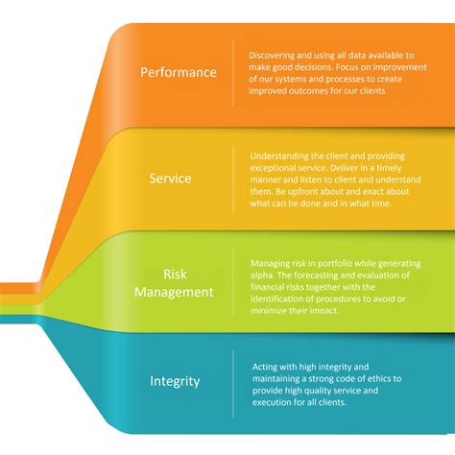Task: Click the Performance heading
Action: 179,72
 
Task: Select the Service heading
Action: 170,179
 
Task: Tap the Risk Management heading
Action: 174,283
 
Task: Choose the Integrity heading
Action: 175,381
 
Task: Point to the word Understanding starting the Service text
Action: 279,156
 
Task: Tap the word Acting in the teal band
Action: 262,366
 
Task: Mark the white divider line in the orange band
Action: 233,72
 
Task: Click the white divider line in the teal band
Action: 233,382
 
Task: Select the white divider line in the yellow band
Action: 233,179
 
